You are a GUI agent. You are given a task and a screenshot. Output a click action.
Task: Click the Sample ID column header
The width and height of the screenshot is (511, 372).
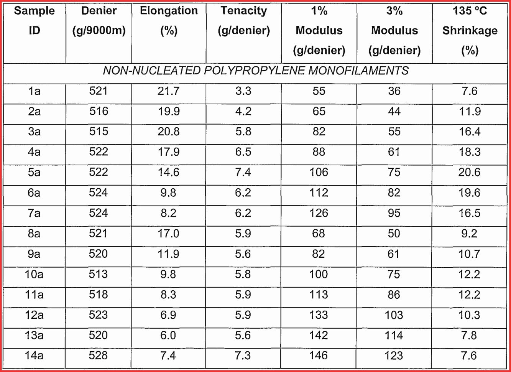click(x=34, y=21)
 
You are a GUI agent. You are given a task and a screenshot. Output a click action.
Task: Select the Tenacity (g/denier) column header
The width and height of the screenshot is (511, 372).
click(x=243, y=21)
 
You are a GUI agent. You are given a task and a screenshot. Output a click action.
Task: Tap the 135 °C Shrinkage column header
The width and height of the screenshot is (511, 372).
click(x=470, y=31)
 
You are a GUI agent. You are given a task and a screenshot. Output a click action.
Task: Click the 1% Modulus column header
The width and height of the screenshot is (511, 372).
click(x=319, y=31)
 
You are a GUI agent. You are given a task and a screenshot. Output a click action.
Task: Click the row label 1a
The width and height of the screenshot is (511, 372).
click(x=34, y=91)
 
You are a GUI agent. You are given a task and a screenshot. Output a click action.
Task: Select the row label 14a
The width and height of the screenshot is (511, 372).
click(x=34, y=356)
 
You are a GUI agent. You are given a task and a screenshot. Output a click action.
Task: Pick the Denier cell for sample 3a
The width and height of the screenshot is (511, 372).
click(x=99, y=132)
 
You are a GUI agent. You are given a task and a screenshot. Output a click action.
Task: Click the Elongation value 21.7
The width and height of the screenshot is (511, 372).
click(x=168, y=91)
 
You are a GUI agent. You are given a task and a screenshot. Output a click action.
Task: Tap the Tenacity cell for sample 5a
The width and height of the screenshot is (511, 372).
click(x=243, y=172)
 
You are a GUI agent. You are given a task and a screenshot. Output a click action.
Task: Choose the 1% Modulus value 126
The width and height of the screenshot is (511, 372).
click(x=319, y=213)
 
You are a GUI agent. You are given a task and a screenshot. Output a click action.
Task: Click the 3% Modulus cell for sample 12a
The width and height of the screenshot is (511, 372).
click(x=394, y=315)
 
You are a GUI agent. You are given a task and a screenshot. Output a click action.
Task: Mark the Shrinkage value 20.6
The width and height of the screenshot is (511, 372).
click(x=469, y=172)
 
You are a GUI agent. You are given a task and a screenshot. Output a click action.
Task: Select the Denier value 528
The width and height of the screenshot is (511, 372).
click(x=98, y=356)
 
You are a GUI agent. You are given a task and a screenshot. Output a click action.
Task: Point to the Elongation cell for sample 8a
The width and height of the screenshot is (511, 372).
click(x=168, y=234)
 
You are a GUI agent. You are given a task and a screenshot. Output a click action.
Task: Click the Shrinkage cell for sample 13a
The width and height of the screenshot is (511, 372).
click(x=469, y=335)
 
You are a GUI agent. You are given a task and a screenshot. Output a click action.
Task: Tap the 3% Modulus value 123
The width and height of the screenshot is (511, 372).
click(x=394, y=356)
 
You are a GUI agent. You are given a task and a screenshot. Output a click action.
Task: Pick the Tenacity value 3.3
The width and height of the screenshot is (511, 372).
click(x=243, y=91)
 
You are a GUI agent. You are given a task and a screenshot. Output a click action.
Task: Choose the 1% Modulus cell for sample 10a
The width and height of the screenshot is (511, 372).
click(x=319, y=274)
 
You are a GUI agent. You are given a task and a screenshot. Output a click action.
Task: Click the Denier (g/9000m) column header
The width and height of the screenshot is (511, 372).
click(x=99, y=21)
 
